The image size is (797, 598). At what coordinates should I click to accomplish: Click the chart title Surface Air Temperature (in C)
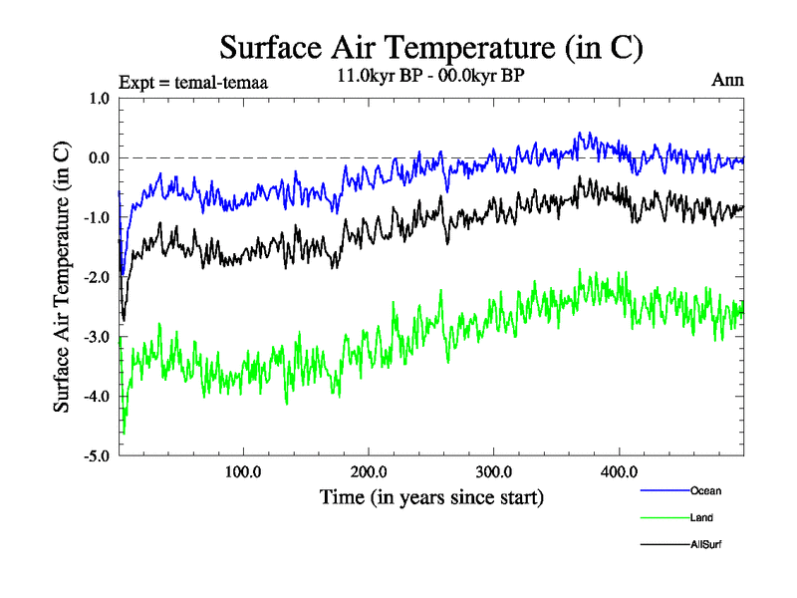point(430,47)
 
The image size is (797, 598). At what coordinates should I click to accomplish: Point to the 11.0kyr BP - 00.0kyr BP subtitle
point(430,77)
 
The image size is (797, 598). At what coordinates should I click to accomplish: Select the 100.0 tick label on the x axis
point(243,472)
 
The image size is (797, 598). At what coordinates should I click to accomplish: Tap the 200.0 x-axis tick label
point(369,472)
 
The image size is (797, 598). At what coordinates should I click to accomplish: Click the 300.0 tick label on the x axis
point(494,472)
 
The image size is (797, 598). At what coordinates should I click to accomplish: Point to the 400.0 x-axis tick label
point(620,472)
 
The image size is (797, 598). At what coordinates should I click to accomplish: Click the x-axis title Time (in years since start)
point(431,496)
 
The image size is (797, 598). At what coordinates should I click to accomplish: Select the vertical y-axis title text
point(62,277)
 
